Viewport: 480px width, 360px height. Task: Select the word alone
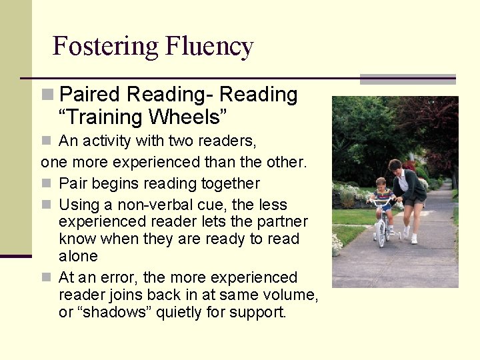[78, 256]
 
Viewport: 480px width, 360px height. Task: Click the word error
[120, 277]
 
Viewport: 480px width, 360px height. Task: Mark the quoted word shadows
[106, 312]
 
